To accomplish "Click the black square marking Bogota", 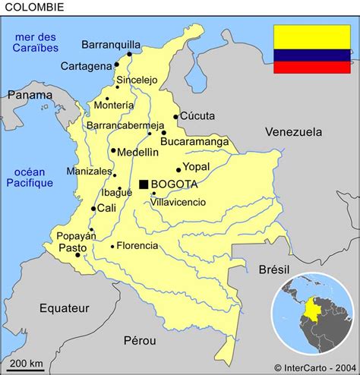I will tap(144, 184).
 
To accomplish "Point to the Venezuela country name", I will tap(293, 132).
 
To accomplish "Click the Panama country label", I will tap(30, 95).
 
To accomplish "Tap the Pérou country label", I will tap(138, 341).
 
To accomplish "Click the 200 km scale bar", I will tap(27, 369).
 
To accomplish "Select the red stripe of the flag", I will tap(312, 68).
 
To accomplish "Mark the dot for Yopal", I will tap(178, 170).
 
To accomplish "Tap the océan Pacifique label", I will tap(30, 177).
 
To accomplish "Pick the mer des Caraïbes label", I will tap(35, 42).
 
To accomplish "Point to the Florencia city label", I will tap(137, 245).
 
